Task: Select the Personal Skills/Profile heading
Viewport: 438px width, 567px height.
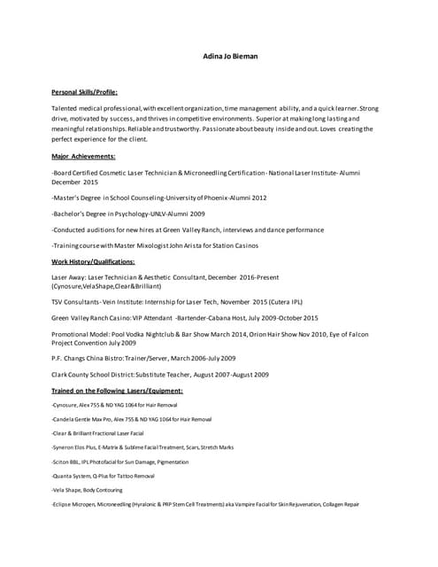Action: (x=85, y=91)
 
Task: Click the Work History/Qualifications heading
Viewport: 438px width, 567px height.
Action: (x=93, y=261)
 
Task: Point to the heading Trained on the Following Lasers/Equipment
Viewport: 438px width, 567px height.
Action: (x=117, y=390)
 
